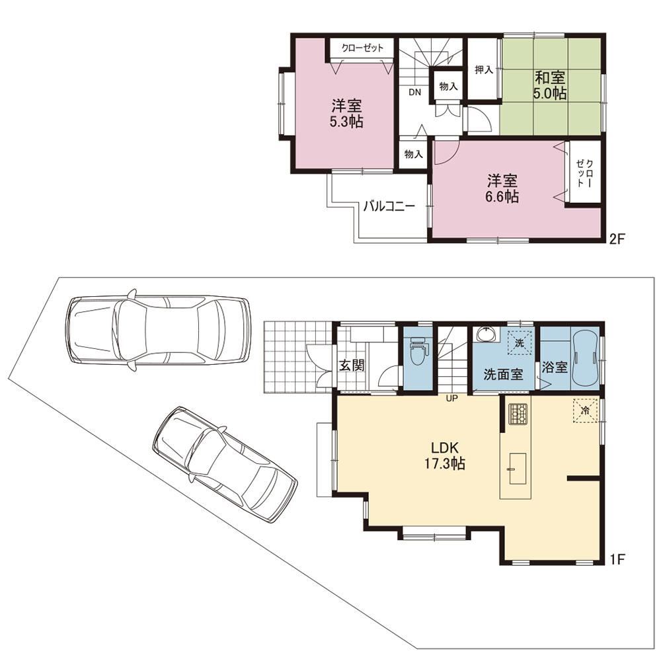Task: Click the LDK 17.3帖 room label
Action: pos(444,455)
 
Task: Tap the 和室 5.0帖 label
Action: pos(550,85)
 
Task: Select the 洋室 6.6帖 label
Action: pos(502,189)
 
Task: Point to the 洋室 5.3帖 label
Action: pos(346,113)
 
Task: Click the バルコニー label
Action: pos(389,206)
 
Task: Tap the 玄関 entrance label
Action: pos(352,365)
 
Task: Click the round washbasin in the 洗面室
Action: pos(486,334)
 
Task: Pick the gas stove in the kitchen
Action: pos(518,414)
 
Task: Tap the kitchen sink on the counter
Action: pos(518,469)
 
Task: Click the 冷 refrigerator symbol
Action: pos(585,410)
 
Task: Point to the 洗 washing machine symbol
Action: pos(520,343)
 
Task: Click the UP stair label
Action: pos(451,399)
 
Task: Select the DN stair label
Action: pos(415,93)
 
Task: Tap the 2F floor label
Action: pos(616,239)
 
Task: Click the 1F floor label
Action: pos(617,559)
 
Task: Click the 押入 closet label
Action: pos(484,69)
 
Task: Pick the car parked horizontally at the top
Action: pos(158,330)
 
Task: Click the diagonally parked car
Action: pos(225,464)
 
